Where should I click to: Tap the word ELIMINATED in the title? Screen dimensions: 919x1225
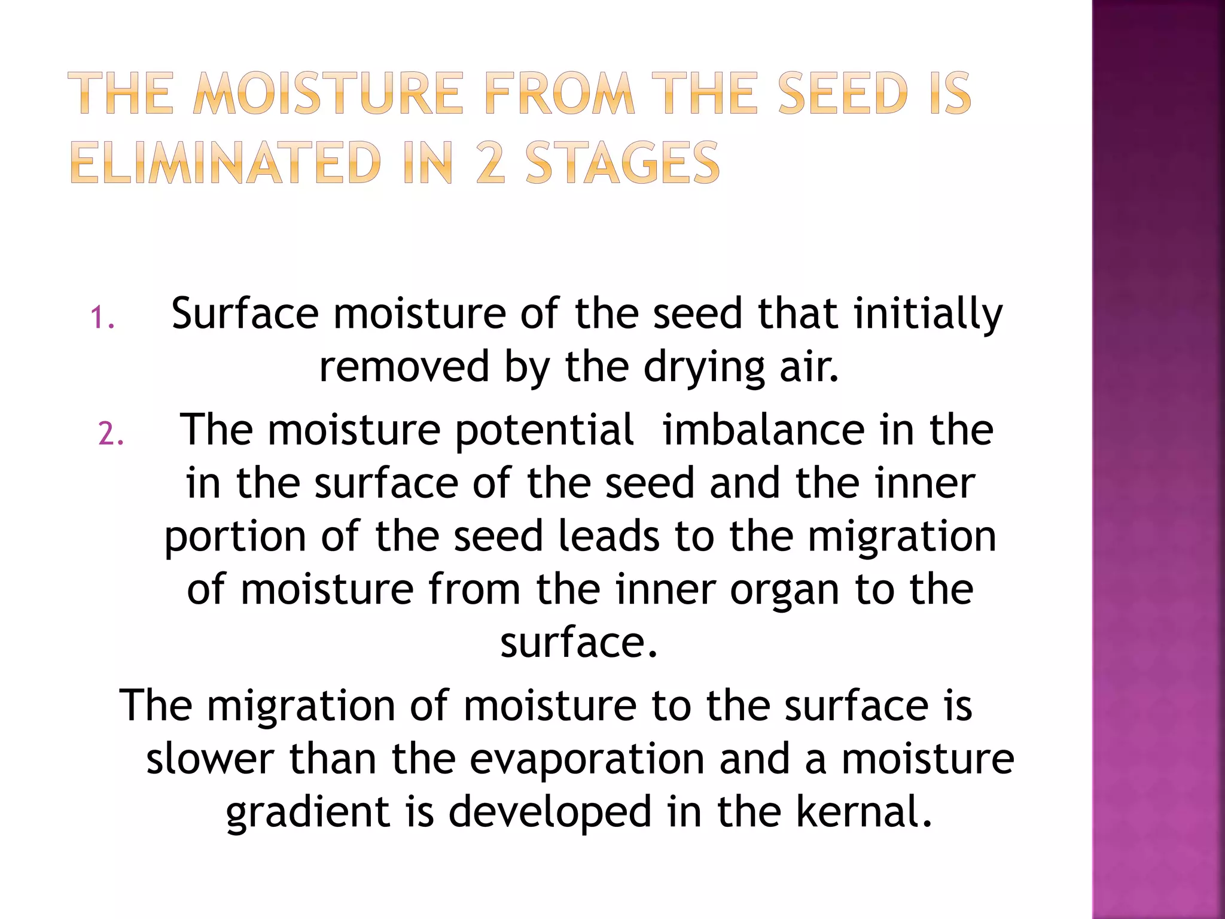click(226, 163)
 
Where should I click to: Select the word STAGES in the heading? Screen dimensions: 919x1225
click(622, 163)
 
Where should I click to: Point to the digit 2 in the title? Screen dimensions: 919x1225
click(492, 163)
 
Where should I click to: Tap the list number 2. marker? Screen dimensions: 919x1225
click(111, 434)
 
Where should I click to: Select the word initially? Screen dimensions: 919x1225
click(928, 315)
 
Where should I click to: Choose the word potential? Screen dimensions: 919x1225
click(544, 431)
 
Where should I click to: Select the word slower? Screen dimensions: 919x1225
click(210, 759)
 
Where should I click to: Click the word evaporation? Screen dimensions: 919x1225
click(587, 760)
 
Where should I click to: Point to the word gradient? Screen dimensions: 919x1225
click(307, 813)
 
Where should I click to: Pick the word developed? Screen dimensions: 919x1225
click(550, 813)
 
